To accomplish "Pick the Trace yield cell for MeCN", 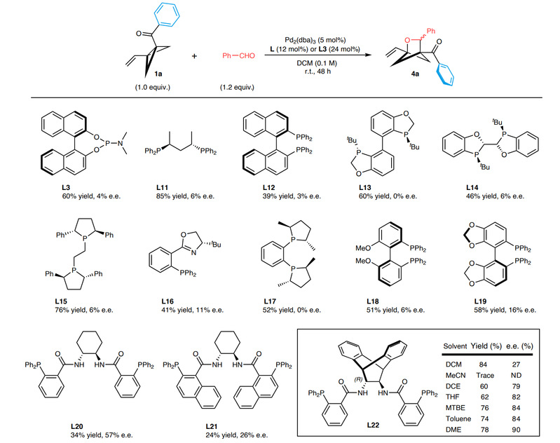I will pyautogui.click(x=477, y=374).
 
